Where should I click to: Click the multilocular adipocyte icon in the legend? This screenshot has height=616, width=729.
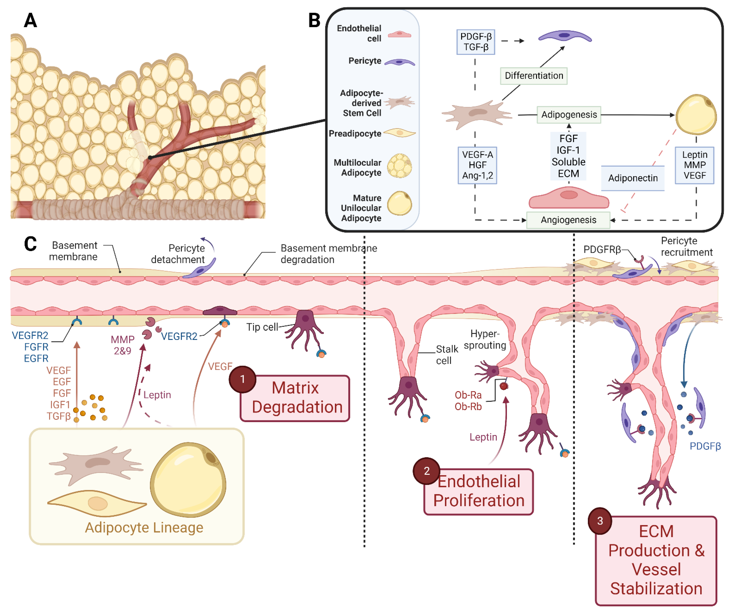pos(399,166)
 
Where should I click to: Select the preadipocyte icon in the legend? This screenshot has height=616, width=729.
pos(399,133)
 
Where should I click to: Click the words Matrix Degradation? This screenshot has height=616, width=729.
pos(297,397)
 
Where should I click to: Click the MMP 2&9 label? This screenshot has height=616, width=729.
pos(122,345)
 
